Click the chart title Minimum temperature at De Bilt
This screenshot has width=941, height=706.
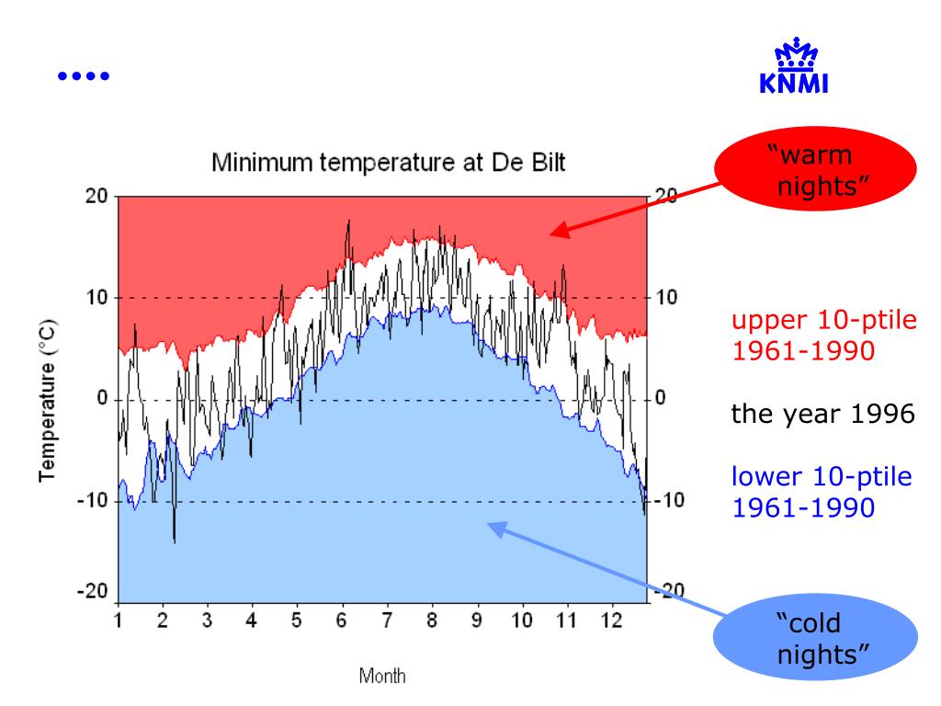click(389, 165)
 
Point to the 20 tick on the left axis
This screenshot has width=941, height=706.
click(97, 197)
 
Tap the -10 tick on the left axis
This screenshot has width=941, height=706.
click(94, 502)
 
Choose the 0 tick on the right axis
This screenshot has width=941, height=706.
click(659, 400)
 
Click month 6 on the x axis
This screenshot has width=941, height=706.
click(341, 621)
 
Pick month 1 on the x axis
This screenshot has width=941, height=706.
click(119, 621)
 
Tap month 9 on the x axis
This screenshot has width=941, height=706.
click(476, 621)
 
